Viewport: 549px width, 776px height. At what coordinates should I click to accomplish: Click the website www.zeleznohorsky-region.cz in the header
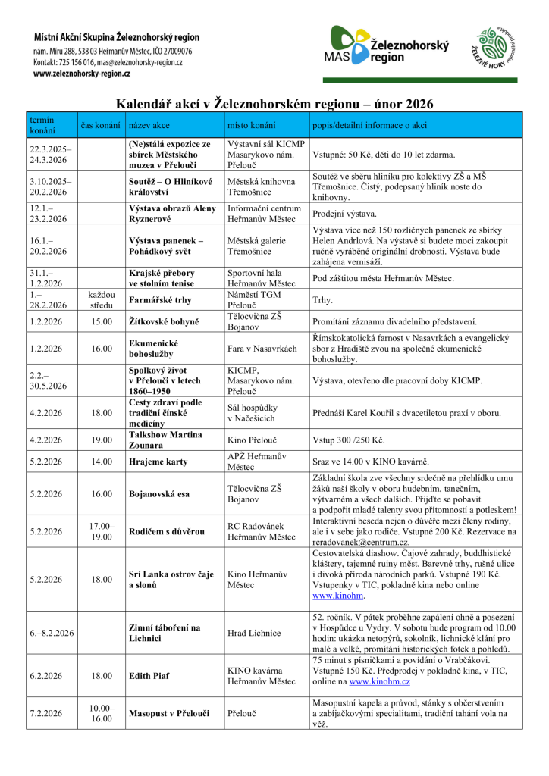coord(81,74)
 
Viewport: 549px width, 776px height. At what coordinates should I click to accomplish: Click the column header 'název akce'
coord(149,125)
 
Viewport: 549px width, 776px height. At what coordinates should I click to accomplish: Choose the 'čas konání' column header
coord(101,125)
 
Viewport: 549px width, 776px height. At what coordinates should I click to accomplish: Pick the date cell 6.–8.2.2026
coord(52,633)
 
